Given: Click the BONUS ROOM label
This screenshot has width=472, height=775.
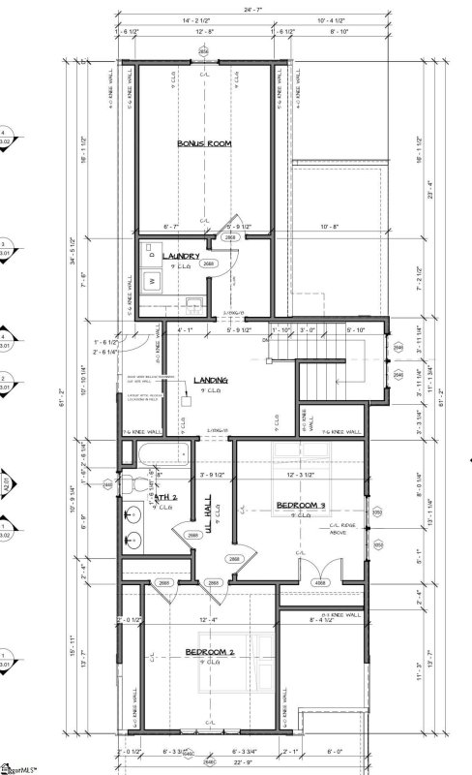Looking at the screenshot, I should click(x=204, y=143).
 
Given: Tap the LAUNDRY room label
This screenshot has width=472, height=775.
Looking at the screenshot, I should click(x=181, y=256).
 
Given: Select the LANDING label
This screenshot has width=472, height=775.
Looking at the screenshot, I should click(x=210, y=380).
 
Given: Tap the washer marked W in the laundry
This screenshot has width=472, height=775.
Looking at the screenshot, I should click(x=151, y=282).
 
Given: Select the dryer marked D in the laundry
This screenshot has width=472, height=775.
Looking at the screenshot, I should click(x=151, y=251).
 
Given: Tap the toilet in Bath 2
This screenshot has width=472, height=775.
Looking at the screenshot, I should click(x=141, y=480).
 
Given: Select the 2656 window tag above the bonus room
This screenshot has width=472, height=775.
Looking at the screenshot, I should click(x=203, y=50).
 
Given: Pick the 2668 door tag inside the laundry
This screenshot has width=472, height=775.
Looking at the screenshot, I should click(x=207, y=263).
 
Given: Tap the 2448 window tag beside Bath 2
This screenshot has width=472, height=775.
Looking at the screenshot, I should click(x=107, y=483).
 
